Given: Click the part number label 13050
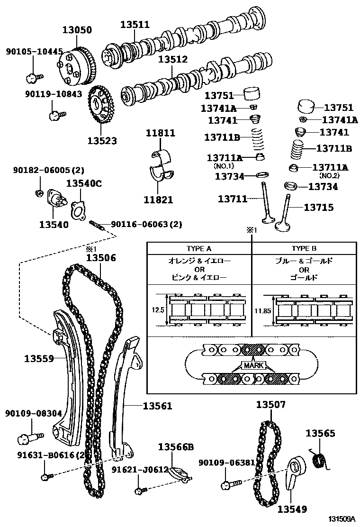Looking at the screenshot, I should tap(78, 29).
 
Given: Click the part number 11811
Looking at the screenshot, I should tap(160, 133).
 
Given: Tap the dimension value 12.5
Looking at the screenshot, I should tap(158, 310).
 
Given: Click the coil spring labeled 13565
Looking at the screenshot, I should tap(319, 459).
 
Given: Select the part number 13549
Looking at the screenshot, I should tap(292, 509).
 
